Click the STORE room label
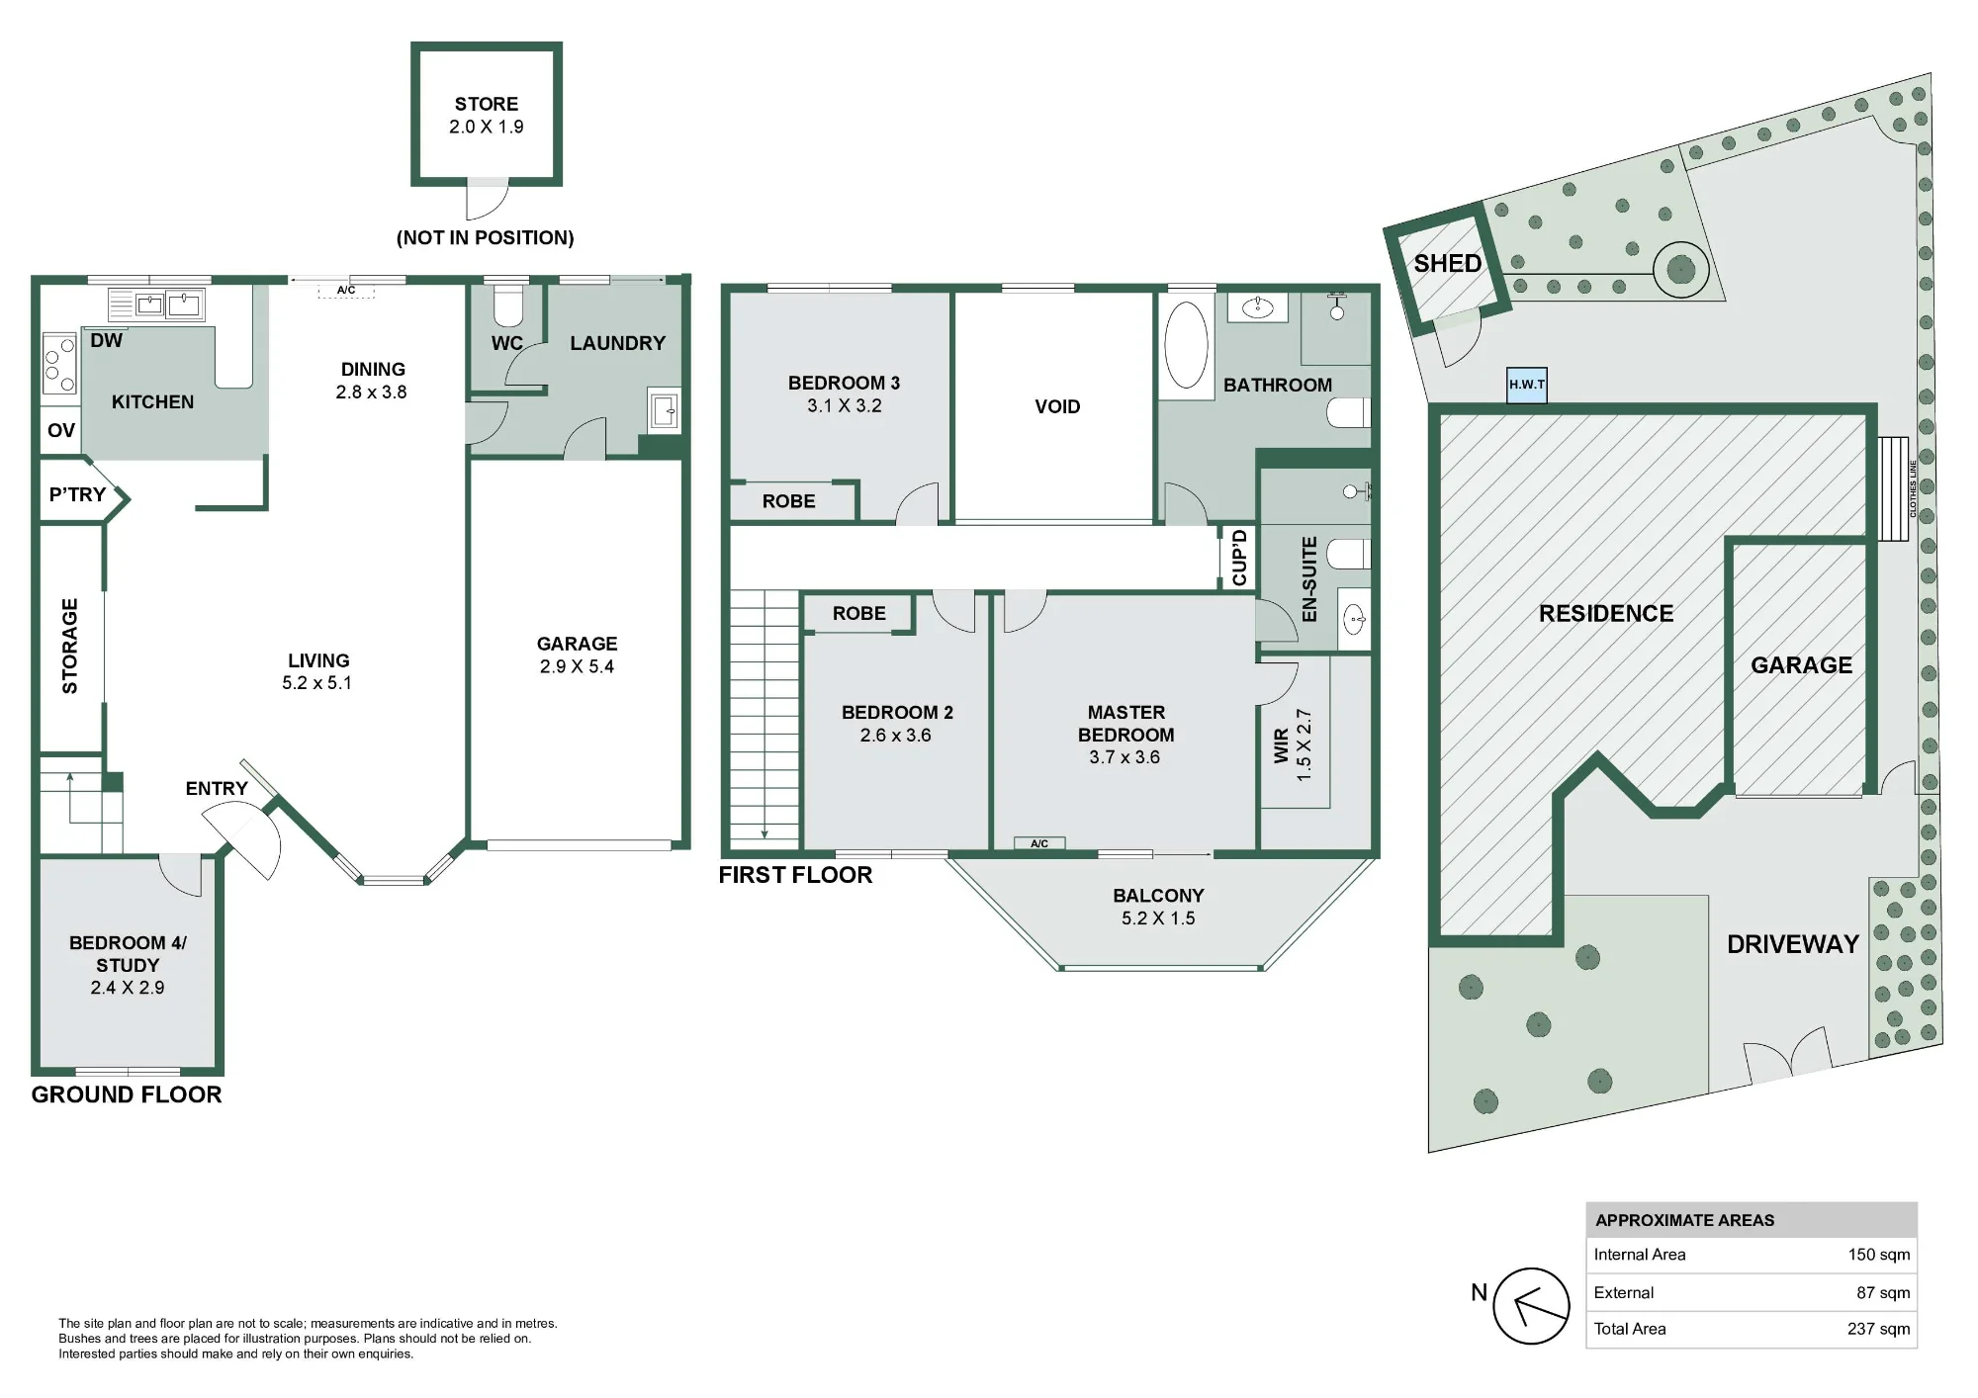pos(486,104)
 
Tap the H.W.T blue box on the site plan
pos(1526,385)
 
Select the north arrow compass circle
pos(1531,1306)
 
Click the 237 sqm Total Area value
pos(1878,1329)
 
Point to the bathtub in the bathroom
pos(1186,344)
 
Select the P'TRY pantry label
pos(77,494)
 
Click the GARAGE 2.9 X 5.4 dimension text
pos(577,666)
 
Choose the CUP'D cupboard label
pos(1239,557)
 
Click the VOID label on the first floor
pos(1057,406)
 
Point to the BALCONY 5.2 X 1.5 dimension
pos(1158,918)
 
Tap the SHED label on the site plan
pos(1447,264)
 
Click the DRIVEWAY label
pos(1793,944)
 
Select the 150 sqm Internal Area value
pos(1879,1255)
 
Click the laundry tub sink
pos(665,409)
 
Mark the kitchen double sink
pos(167,305)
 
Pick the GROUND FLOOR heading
pos(127,1094)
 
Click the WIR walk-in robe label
pos(1281,745)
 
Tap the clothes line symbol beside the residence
pos(1892,488)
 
